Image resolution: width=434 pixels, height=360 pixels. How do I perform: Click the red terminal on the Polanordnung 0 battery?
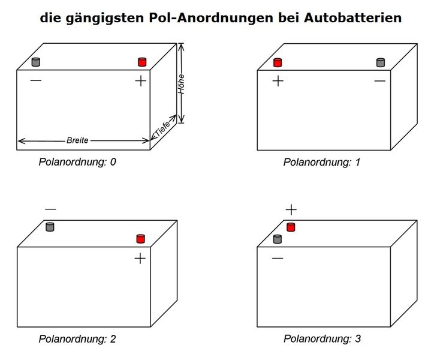coord(142,62)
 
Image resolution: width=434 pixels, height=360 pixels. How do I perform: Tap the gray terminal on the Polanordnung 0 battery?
coord(36,62)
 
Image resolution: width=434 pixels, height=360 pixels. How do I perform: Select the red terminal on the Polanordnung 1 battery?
coord(278,62)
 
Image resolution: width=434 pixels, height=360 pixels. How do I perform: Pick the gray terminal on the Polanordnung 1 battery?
coord(381,62)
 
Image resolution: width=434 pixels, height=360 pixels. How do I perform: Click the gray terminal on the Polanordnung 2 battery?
coord(50,227)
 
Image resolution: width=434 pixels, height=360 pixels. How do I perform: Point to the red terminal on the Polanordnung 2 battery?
coord(141,239)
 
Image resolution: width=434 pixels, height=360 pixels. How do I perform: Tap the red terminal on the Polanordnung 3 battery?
coord(291,227)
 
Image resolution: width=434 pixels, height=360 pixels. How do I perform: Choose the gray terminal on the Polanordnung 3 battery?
coord(278,239)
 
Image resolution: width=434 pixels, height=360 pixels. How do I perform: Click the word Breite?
coord(77,140)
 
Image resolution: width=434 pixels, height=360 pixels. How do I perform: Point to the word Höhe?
coord(181,84)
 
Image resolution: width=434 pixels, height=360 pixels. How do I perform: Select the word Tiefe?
coord(162,129)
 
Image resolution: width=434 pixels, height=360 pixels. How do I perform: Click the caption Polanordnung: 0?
coord(77,162)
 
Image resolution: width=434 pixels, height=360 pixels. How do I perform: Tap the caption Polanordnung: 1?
coord(322,162)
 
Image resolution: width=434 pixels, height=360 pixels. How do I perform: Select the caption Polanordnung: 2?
coord(77,338)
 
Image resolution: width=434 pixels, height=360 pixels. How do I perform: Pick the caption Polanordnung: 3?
coord(322,338)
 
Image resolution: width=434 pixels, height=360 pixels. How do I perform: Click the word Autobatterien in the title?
coord(352,18)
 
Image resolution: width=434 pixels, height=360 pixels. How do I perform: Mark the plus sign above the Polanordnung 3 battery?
coord(291,209)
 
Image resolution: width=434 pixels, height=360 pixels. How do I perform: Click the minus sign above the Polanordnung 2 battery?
coord(50,209)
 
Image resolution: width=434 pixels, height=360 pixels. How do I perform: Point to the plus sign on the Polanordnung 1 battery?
coord(278,81)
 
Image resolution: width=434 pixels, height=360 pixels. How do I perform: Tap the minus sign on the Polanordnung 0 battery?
coord(36,80)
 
